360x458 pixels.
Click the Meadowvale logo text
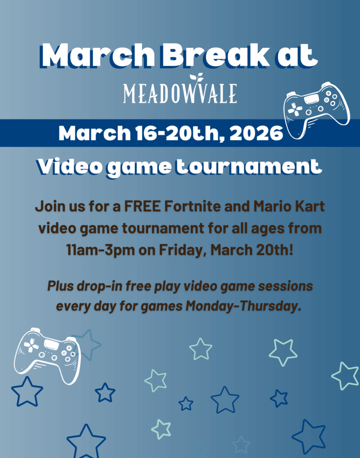[x=180, y=93]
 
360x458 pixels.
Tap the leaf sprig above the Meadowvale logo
[x=196, y=78]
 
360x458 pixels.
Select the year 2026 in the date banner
[x=256, y=133]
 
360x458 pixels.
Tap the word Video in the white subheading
[x=70, y=167]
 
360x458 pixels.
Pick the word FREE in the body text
[x=143, y=206]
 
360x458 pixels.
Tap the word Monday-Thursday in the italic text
[x=243, y=306]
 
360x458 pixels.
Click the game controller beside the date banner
[x=317, y=110]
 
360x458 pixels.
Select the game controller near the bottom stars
[x=47, y=356]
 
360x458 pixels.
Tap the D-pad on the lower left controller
[x=31, y=346]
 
